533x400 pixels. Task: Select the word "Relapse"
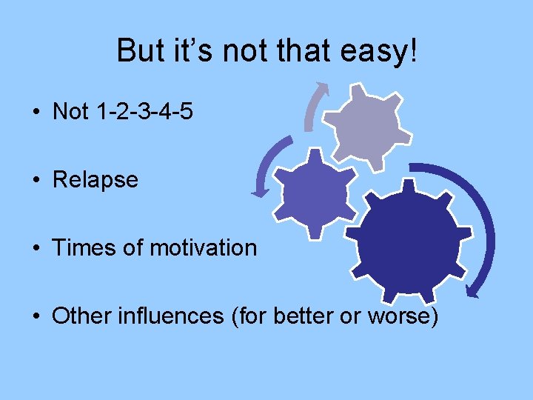click(x=95, y=180)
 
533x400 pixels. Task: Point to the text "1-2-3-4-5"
click(x=145, y=112)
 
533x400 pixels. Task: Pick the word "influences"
click(x=172, y=316)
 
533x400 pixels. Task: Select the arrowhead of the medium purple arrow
click(x=260, y=192)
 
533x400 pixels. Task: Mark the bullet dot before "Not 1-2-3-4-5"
click(x=36, y=113)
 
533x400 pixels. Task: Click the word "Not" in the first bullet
click(x=70, y=112)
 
